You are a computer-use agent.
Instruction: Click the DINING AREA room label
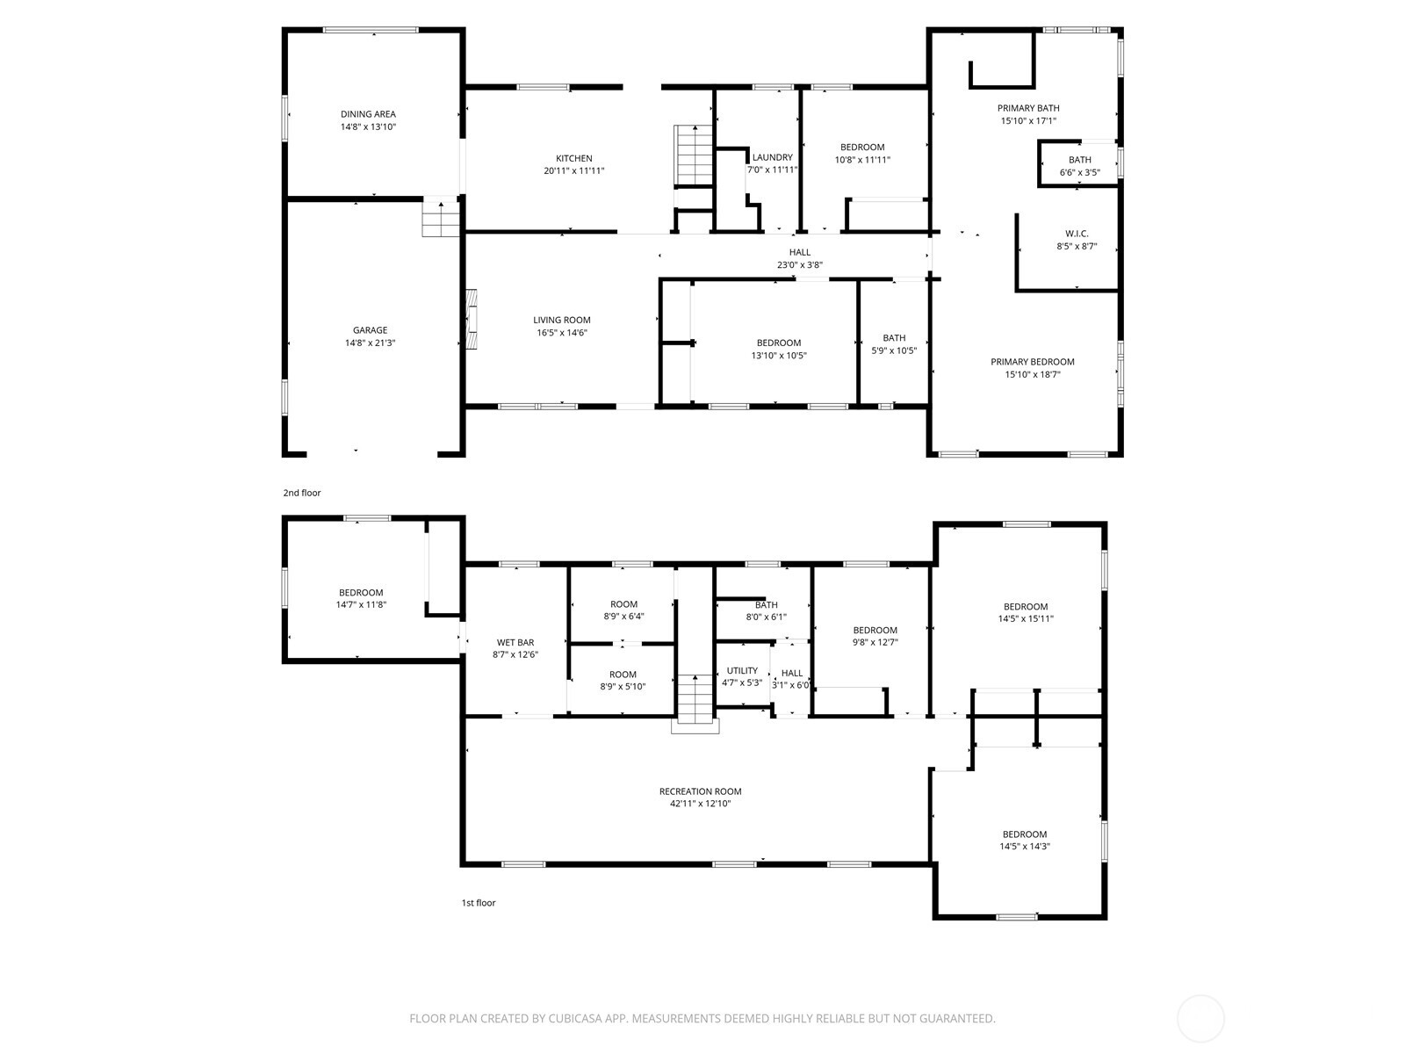tap(368, 114)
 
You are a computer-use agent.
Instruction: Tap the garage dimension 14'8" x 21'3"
tap(370, 343)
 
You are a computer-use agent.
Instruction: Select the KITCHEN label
tap(573, 159)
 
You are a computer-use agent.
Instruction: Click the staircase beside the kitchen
tap(693, 154)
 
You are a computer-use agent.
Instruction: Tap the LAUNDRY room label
tap(773, 158)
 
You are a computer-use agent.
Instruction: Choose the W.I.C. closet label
tap(1077, 234)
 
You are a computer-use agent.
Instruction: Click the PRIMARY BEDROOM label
tap(1032, 362)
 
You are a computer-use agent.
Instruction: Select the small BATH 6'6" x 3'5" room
tap(1079, 166)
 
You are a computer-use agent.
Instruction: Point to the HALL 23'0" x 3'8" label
tap(799, 252)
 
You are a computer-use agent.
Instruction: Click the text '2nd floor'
tap(302, 493)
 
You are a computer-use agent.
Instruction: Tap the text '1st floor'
tap(479, 902)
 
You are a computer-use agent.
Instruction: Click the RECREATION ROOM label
tap(700, 791)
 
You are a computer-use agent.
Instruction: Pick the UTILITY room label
tap(742, 670)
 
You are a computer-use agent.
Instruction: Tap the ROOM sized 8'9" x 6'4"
tap(623, 610)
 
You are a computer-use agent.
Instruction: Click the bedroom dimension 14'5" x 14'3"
tap(1025, 847)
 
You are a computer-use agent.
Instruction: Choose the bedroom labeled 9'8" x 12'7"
tap(875, 636)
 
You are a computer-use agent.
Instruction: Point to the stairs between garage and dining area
tap(441, 218)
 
